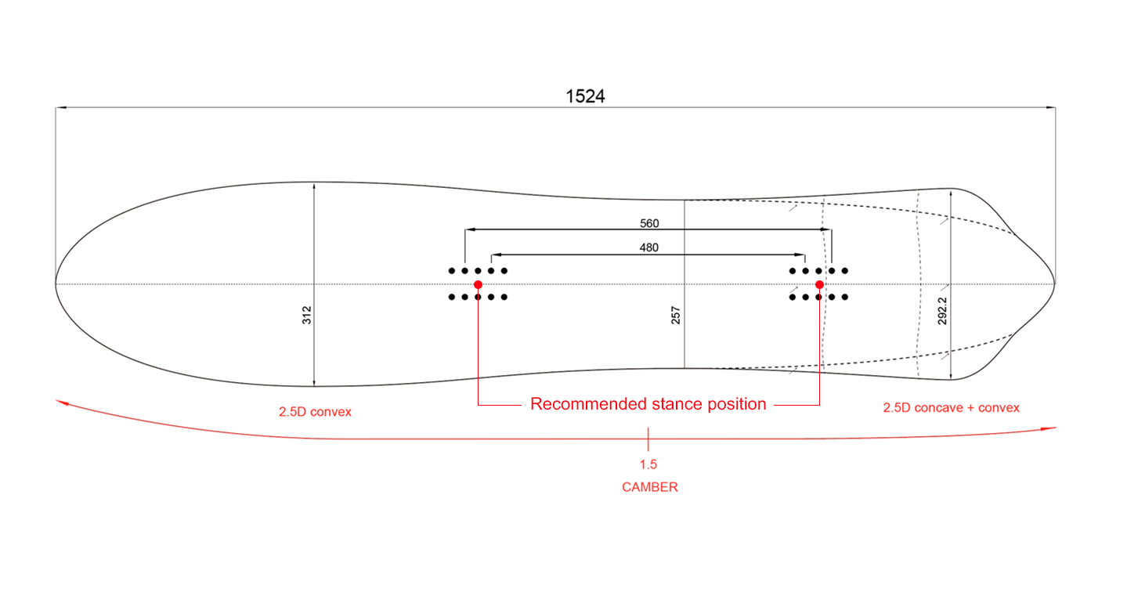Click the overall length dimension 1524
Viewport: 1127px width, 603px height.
[x=585, y=96]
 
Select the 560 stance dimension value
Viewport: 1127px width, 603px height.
[x=649, y=223]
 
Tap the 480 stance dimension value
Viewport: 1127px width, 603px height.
[x=648, y=247]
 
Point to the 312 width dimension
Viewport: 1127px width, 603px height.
[x=307, y=315]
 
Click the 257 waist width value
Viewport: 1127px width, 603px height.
[x=677, y=315]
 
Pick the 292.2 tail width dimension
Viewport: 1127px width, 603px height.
[x=943, y=311]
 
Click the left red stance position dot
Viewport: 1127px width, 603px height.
[x=478, y=284]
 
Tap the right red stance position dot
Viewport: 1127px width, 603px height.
[x=819, y=284]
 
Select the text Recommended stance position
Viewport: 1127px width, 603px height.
[x=648, y=404]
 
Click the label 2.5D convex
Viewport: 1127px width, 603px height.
[x=315, y=412]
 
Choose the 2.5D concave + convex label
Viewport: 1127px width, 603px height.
[x=951, y=408]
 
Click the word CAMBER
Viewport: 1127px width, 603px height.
[x=649, y=487]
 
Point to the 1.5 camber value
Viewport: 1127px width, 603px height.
[x=648, y=464]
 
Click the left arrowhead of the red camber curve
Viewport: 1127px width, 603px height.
[x=60, y=402]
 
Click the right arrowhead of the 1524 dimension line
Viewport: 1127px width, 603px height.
[x=1051, y=108]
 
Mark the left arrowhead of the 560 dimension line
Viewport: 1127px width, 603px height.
[x=469, y=229]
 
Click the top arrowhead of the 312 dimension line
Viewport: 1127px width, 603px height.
[x=313, y=186]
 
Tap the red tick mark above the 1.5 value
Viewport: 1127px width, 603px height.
[x=648, y=438]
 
